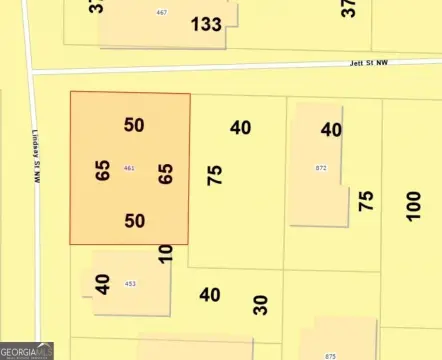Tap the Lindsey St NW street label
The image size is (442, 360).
pos(38,160)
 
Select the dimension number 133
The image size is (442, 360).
pos(206,24)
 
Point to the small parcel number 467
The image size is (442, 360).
pos(161,12)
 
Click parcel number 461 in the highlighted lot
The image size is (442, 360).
pos(129,168)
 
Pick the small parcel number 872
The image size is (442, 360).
pos(321,168)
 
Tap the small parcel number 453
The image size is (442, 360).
pos(130,284)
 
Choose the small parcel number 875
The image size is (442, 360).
pos(331,355)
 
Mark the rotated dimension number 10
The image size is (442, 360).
pos(166,253)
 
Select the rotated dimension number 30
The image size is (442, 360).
pos(261,304)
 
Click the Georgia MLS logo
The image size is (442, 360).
pos(27,351)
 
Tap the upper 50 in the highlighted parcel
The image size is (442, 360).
pos(135,125)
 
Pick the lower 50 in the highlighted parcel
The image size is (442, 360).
pos(135,221)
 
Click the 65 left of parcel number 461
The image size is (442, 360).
pos(103,169)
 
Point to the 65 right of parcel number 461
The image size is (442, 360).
pos(166,174)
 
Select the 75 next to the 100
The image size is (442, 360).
pos(366,201)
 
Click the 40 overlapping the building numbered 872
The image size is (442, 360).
pos(331,129)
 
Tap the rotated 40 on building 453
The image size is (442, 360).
pos(102,283)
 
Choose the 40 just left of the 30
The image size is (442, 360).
pos(209,295)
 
